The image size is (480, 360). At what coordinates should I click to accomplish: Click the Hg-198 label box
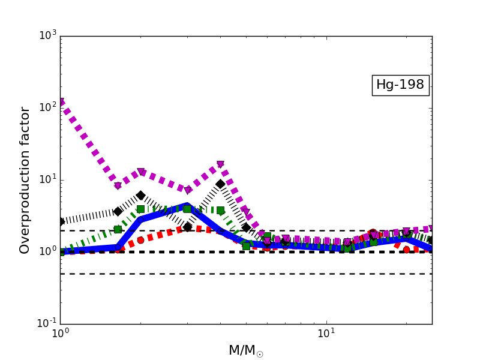pyautogui.click(x=400, y=85)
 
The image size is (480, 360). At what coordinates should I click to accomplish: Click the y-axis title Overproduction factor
pyautogui.click(x=25, y=180)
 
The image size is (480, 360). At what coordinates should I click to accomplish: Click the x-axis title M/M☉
pyautogui.click(x=246, y=350)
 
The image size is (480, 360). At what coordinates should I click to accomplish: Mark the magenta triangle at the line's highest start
pyautogui.click(x=61, y=103)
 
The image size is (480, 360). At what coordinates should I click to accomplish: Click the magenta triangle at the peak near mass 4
pyautogui.click(x=220, y=164)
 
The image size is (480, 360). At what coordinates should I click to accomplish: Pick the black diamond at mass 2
pyautogui.click(x=140, y=196)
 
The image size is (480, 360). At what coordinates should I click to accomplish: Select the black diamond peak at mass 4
pyautogui.click(x=220, y=184)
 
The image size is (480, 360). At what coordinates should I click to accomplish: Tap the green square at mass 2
pyautogui.click(x=140, y=209)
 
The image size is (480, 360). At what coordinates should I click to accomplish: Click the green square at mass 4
pyautogui.click(x=220, y=211)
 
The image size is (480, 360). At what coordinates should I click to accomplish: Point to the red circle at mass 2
pyautogui.click(x=140, y=240)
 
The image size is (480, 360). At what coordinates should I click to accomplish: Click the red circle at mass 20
pyautogui.click(x=406, y=250)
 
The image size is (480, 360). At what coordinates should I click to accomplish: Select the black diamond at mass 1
pyautogui.click(x=61, y=221)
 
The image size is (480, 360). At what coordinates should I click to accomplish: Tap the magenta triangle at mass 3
pyautogui.click(x=187, y=190)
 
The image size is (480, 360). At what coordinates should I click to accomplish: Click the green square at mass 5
pyautogui.click(x=246, y=246)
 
